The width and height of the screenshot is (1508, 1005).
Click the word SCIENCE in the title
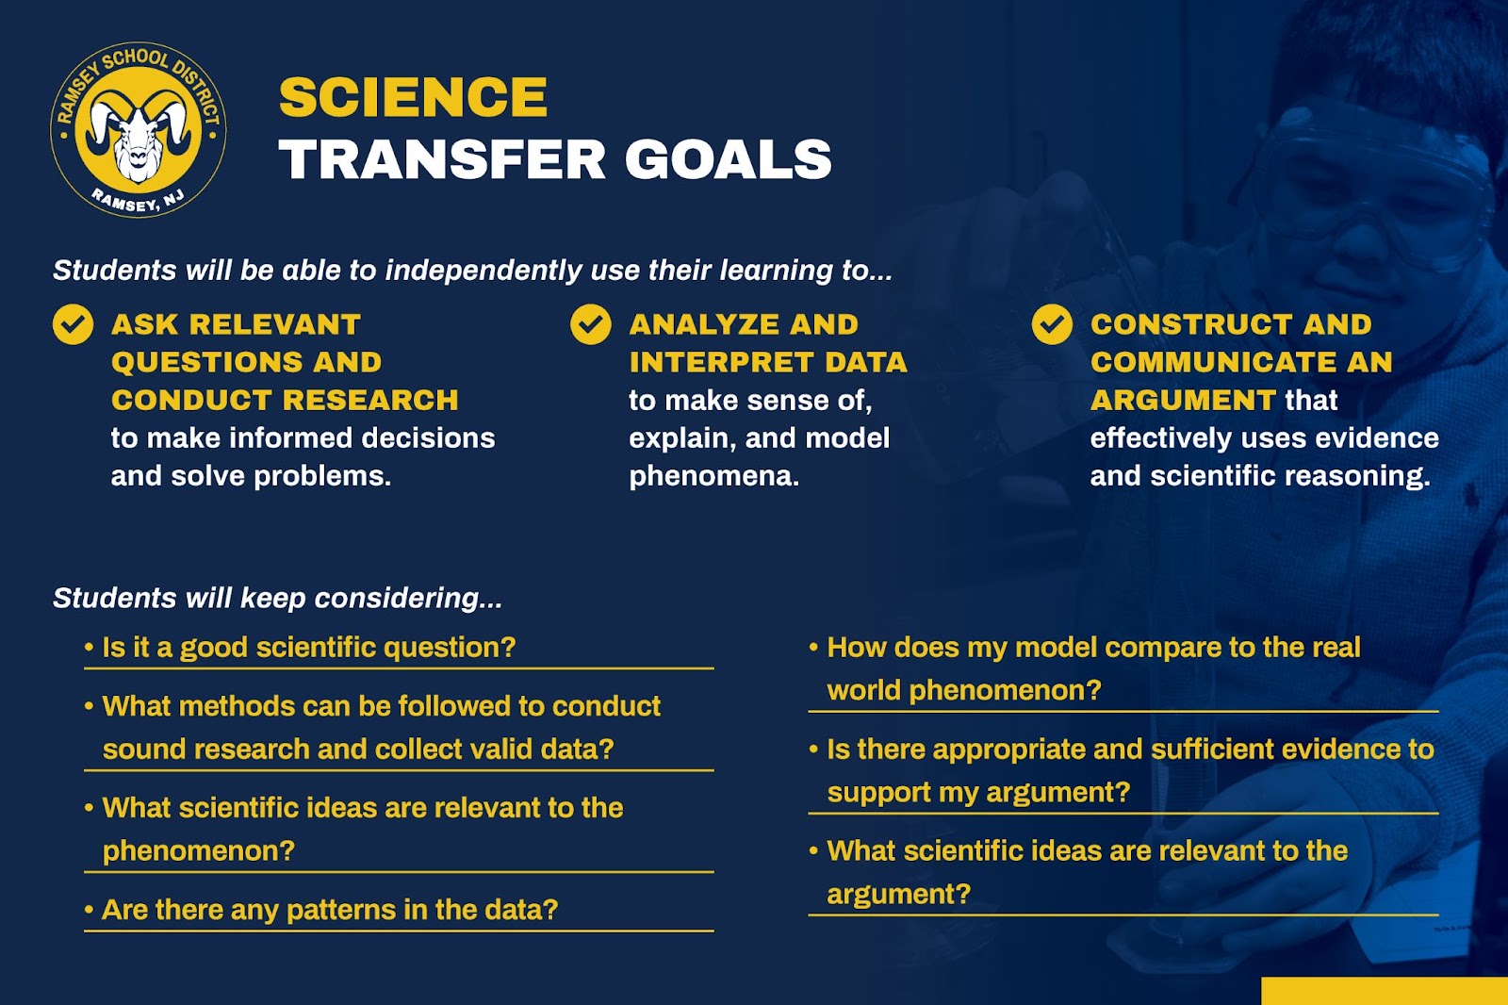click(x=414, y=97)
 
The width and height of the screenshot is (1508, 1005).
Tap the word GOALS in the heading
click(x=729, y=159)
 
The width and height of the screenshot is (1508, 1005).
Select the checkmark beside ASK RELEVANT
click(x=73, y=324)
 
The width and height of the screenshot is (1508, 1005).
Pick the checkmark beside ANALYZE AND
click(x=590, y=324)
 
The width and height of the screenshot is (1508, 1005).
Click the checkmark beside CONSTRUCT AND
click(x=1052, y=324)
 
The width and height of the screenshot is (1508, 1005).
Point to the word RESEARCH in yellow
click(x=371, y=400)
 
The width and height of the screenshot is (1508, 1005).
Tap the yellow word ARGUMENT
click(x=1183, y=400)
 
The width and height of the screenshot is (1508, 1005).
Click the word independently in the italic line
click(x=483, y=271)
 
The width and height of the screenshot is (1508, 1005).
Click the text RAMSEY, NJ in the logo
click(x=138, y=201)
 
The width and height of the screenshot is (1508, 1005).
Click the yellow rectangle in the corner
click(x=1385, y=991)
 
